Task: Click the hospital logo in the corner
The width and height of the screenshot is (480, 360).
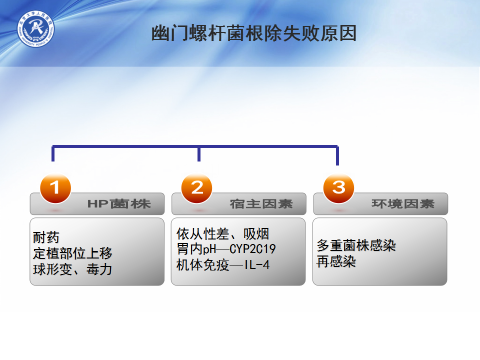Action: coord(35,29)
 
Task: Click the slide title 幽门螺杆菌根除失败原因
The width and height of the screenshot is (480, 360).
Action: coord(254,33)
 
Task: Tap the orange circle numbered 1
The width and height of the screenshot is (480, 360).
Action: coord(55,188)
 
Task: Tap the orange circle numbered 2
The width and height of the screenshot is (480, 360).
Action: coord(196,188)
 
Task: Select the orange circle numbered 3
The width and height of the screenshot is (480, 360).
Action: coord(338,188)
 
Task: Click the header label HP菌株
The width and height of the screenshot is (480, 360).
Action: coord(119,204)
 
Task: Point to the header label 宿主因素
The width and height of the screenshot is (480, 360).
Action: coord(261,204)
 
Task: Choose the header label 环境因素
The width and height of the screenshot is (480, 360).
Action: coord(403,204)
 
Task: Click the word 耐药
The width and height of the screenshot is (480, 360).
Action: coord(46,237)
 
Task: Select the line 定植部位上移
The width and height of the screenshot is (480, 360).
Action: coord(72,253)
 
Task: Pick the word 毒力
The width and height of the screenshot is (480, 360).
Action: coord(99,269)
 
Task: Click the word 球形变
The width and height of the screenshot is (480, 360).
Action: coord(52,269)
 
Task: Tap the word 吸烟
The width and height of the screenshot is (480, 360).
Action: coord(256,234)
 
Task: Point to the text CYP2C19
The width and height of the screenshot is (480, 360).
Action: coord(252,249)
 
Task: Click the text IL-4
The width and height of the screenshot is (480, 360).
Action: coord(257,265)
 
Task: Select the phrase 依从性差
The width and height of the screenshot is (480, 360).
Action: coord(202,234)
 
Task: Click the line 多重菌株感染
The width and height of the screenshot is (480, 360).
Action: coord(356,245)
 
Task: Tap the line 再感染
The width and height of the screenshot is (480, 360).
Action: coord(336,261)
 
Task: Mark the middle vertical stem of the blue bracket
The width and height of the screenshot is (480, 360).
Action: coord(199,153)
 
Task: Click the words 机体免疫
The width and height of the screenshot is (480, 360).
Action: coord(202,265)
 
